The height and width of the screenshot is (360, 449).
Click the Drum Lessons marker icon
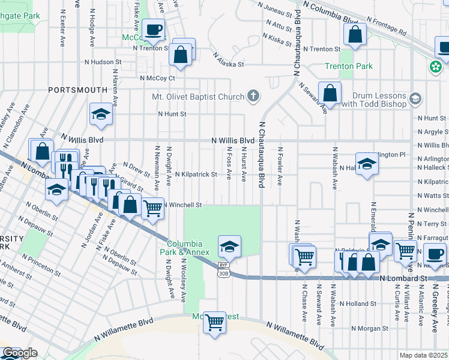pos(415,98)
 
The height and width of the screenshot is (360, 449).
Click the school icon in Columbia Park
pos(229,246)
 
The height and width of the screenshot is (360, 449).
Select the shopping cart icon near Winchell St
pos(153,208)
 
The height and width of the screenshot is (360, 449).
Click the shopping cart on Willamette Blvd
pos(214,322)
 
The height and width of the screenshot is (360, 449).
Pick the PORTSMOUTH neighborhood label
pos(78,90)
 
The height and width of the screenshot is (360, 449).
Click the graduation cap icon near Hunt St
pos(101,113)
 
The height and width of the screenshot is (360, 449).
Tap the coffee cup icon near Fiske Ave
pos(154,29)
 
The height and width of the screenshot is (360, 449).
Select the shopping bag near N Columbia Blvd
pos(355,35)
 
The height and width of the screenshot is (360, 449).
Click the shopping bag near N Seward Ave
pos(330,92)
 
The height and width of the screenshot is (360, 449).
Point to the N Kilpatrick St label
pos(196,174)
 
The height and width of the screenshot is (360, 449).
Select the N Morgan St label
pos(370,328)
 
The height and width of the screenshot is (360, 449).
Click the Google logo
pos(20,353)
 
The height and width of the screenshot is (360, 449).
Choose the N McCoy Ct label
pos(157,78)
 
